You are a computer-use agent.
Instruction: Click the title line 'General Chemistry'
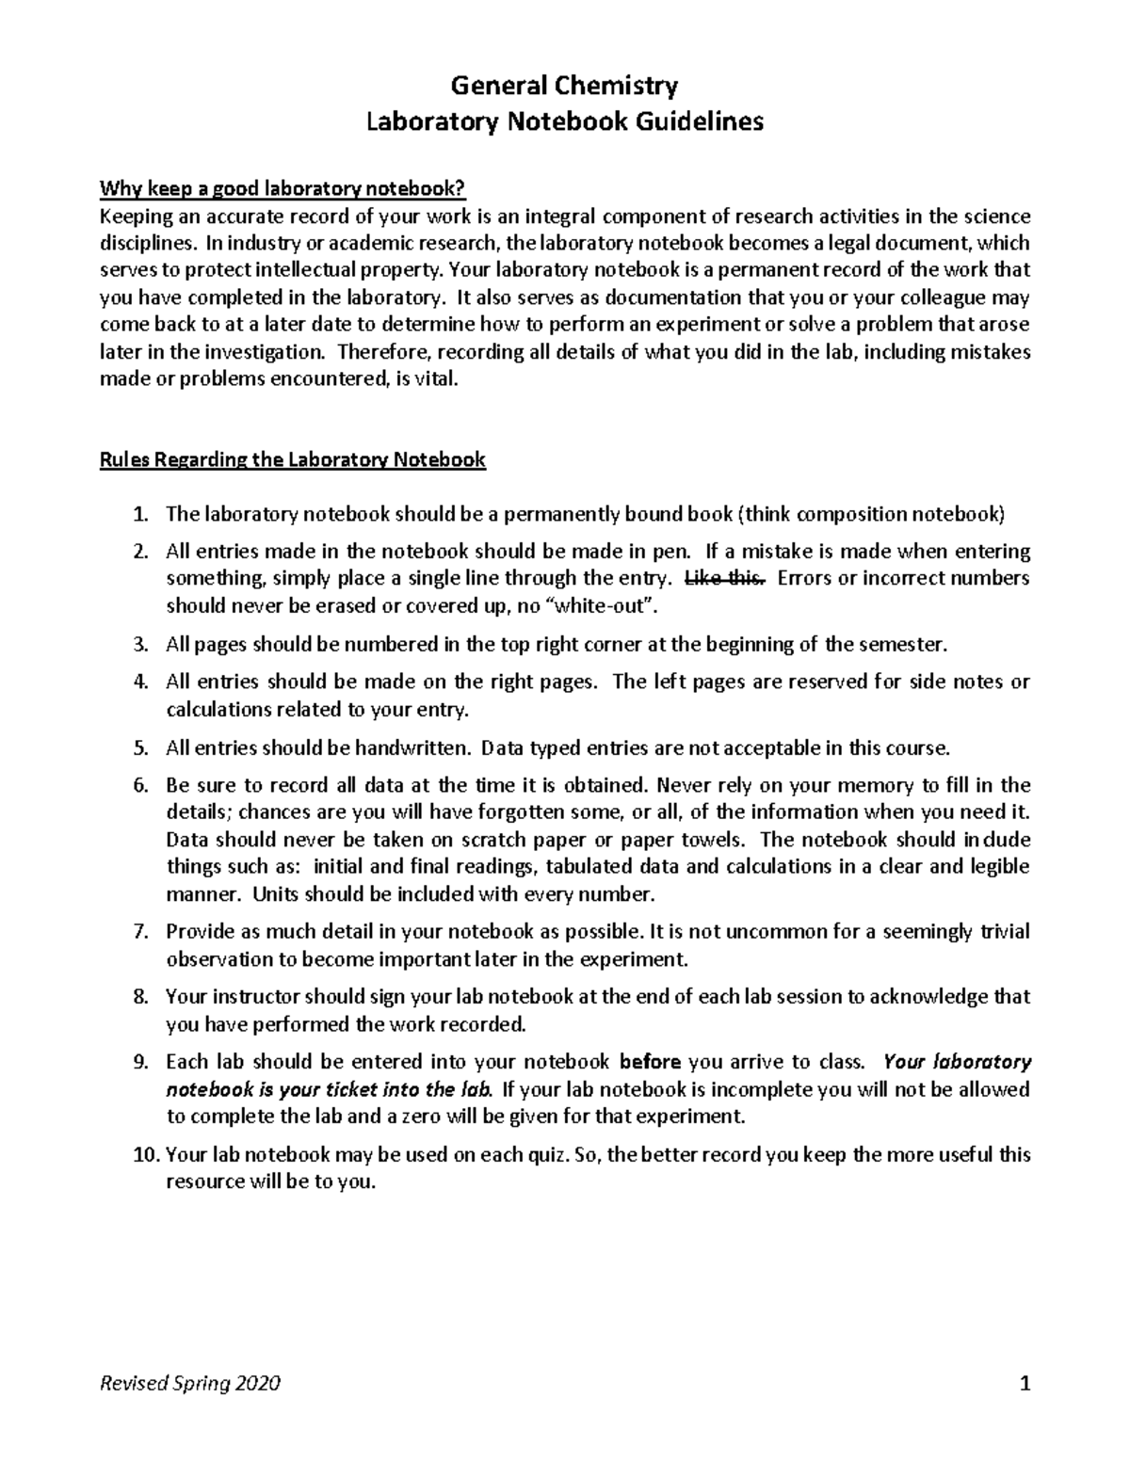564,87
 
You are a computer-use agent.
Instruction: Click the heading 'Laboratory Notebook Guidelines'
564,121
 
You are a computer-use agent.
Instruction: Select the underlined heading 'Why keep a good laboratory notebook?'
282,189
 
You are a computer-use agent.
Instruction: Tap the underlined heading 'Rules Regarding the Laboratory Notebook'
293,460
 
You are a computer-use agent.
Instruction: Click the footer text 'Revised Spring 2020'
190,1384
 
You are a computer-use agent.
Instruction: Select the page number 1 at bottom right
1025,1384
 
